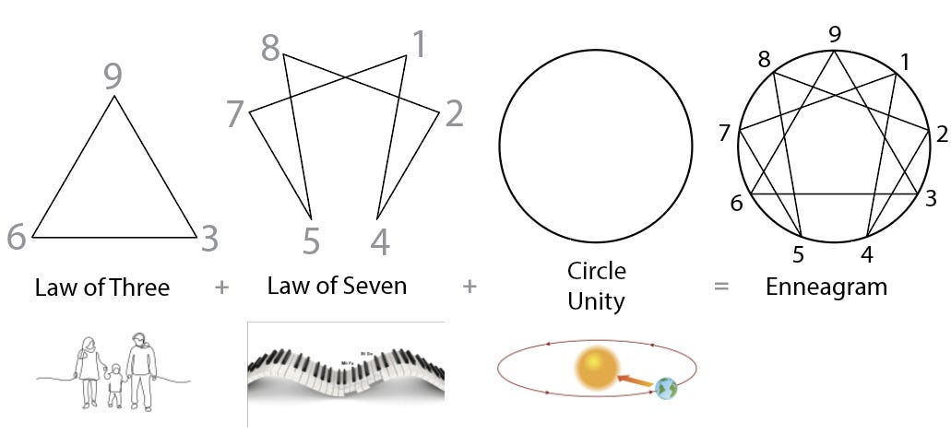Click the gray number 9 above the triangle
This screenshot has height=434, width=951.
113,75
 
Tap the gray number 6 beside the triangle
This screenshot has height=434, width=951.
16,237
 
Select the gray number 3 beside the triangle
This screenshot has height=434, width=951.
209,238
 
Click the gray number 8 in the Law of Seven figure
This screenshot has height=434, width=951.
270,47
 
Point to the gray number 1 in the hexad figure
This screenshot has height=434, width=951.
420,44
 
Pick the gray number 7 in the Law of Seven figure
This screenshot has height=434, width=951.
234,115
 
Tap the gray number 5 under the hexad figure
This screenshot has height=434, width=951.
311,241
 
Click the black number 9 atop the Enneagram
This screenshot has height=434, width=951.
835,35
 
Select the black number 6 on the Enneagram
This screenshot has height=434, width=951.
736,203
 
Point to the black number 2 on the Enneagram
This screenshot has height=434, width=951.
941,135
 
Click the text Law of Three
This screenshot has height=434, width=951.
102,287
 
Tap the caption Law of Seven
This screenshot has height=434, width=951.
337,286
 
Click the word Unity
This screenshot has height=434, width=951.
596,300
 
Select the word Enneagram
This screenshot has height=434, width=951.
826,287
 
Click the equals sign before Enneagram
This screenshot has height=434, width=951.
721,287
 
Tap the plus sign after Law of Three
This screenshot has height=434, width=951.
220,287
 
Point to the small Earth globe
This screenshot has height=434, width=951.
665,389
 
